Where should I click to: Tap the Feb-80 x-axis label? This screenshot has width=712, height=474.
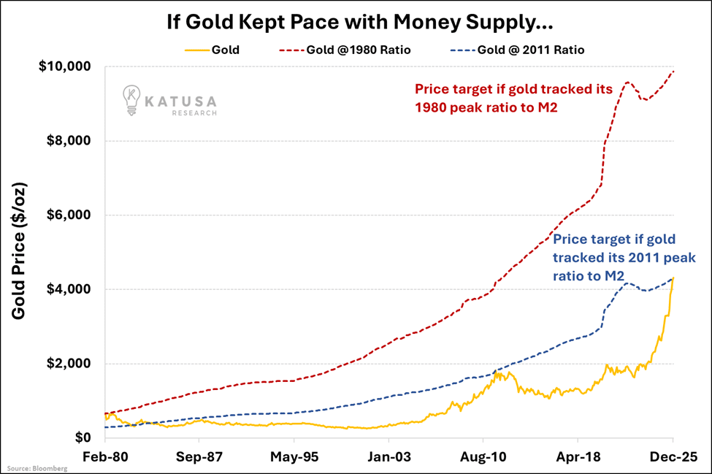[105, 457]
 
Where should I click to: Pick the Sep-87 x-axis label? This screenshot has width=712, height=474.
[199, 457]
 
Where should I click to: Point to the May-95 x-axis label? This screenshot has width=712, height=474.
[294, 457]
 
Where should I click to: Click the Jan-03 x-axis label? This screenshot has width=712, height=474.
[388, 457]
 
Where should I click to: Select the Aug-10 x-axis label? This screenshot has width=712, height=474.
[483, 457]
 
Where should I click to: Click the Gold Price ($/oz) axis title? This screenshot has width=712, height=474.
[20, 252]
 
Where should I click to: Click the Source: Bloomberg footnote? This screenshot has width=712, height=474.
[37, 468]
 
